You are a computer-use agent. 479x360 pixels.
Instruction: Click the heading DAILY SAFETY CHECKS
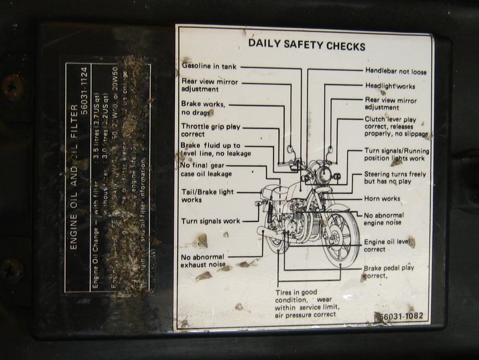306,45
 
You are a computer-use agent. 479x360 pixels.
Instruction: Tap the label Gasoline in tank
209,67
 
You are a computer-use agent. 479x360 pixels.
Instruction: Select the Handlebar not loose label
395,71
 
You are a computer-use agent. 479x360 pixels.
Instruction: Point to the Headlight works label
390,86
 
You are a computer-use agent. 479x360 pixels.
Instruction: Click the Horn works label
382,199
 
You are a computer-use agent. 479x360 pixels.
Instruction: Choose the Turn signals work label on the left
211,221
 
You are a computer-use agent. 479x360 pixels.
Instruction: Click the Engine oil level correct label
389,246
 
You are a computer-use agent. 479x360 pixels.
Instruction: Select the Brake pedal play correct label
389,271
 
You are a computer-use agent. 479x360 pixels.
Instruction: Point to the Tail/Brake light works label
207,196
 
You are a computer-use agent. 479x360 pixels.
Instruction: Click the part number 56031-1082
401,317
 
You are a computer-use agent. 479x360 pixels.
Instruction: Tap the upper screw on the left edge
11,87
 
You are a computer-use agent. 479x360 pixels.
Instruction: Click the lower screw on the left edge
11,270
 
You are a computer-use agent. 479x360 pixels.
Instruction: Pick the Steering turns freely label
395,177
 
